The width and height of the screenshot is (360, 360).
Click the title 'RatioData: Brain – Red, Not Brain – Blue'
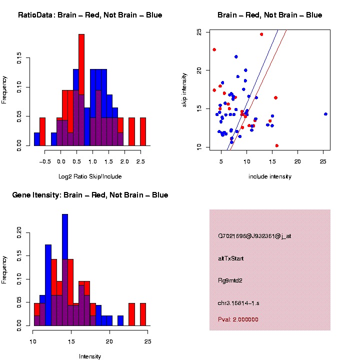[90, 15]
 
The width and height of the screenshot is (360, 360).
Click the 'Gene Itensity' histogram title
[90, 195]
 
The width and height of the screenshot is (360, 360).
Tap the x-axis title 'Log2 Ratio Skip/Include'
[90, 176]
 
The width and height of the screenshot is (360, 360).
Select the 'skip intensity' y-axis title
[184, 89]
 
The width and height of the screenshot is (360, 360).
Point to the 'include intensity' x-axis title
[270, 176]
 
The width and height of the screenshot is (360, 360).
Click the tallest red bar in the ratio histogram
[81, 90]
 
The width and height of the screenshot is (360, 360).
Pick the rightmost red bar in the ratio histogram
[143, 132]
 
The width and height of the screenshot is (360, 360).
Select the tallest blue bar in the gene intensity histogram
[65, 270]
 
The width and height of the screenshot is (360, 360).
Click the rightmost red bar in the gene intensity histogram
[143, 314]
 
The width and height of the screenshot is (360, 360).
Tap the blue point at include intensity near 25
[325, 114]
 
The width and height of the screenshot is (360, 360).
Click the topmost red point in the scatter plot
[261, 34]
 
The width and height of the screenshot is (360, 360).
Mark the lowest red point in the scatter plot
[277, 145]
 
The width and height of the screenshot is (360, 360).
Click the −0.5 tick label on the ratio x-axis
[44, 161]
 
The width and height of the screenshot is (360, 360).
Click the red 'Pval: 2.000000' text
[238, 319]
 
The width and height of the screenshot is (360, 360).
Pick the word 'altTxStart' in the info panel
[231, 258]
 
